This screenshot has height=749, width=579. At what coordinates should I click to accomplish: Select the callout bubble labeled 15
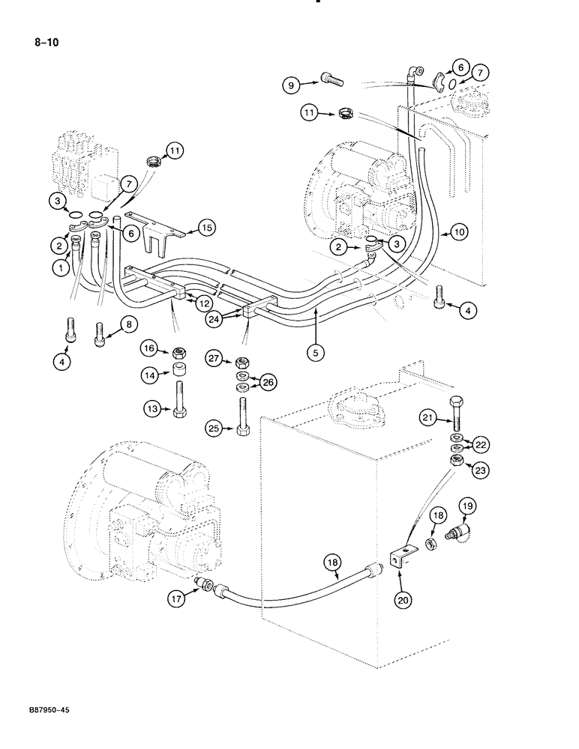206,226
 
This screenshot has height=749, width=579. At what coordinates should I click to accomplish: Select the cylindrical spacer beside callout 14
177,370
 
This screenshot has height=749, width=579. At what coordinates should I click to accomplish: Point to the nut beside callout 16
177,349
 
